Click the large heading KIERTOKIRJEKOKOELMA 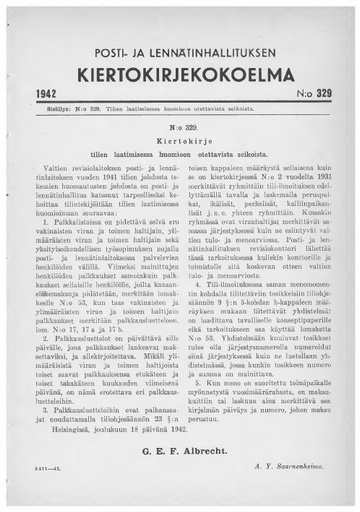(180, 47)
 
